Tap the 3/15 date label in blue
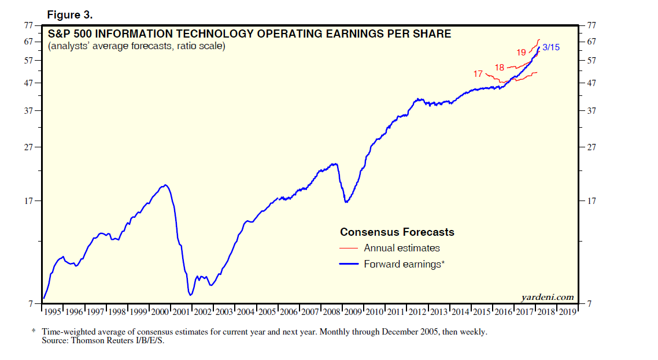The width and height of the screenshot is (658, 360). pos(551,47)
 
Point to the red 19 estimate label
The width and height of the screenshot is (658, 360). pos(521,53)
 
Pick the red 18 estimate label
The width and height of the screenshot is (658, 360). pos(500,68)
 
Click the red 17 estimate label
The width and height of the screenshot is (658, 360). pos(478,74)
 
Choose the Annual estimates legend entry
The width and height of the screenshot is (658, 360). pos(401,248)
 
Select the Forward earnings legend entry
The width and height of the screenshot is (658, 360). pos(404,265)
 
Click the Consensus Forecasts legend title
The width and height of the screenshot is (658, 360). pos(397,232)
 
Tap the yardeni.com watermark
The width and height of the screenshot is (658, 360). pos(547,297)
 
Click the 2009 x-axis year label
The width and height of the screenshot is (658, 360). pos(353,312)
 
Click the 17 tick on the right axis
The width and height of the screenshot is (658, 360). pos(591,201)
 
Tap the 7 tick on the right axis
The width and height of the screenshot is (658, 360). pos(589,304)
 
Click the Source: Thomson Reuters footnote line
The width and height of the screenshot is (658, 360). pos(108,341)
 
